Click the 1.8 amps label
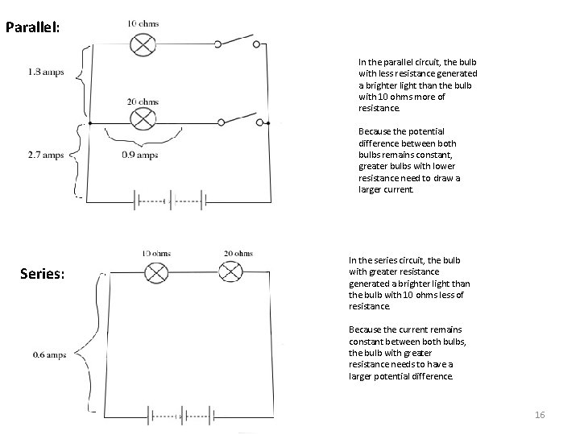click(46, 71)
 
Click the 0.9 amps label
click(140, 155)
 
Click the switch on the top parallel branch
click(238, 43)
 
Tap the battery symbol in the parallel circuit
click(169, 200)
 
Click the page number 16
click(540, 414)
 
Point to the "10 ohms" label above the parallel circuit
click(143, 23)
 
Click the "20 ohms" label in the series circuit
click(238, 253)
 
